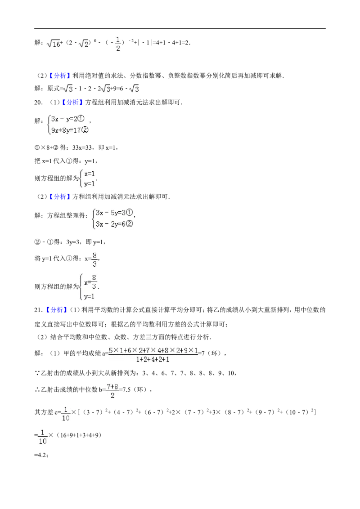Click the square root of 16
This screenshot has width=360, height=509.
pyautogui.click(x=54, y=44)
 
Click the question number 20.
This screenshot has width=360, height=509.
pyautogui.click(x=38, y=103)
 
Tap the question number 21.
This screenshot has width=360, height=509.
pyautogui.click(x=38, y=310)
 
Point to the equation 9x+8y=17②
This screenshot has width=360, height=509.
pyautogui.click(x=70, y=130)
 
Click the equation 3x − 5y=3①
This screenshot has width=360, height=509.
pyautogui.click(x=114, y=213)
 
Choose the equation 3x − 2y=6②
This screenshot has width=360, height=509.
pyautogui.click(x=114, y=224)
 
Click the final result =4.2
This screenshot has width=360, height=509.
pyautogui.click(x=40, y=455)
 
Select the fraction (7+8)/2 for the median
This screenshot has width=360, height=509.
pyautogui.click(x=112, y=390)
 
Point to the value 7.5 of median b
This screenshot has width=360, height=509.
pyautogui.click(x=126, y=389)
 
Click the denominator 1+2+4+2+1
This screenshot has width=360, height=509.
pyautogui.click(x=153, y=359)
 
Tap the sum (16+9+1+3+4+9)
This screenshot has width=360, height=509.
pyautogui.click(x=79, y=435)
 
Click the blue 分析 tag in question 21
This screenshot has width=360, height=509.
pyautogui.click(x=57, y=310)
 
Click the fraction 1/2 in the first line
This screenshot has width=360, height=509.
pyautogui.click(x=118, y=44)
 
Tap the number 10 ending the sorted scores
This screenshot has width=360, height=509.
pyautogui.click(x=231, y=373)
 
